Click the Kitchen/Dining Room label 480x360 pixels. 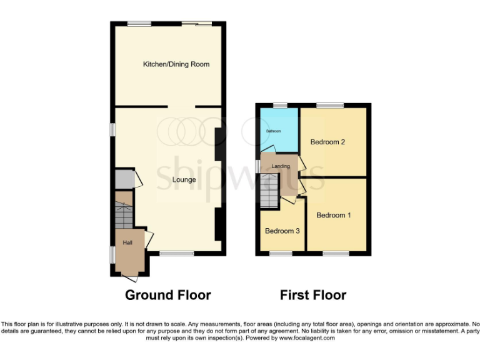coord(176,64)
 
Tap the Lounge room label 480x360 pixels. coord(184,180)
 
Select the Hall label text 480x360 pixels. coord(127,242)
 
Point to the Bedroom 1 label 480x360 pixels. coord(334,215)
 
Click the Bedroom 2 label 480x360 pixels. coord(328,142)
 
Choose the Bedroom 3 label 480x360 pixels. coord(282,231)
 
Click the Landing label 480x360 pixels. coord(280,166)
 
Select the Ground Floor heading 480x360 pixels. coord(168,295)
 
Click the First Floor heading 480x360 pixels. coord(313,295)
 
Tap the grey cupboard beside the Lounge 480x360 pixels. coord(124,179)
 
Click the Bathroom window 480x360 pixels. coord(279,105)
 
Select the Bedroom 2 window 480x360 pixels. coord(330,105)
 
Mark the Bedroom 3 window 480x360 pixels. coord(281,253)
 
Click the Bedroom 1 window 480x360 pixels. coord(336,253)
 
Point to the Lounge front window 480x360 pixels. coord(176,253)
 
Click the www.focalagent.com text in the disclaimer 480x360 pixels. coord(307,337)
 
